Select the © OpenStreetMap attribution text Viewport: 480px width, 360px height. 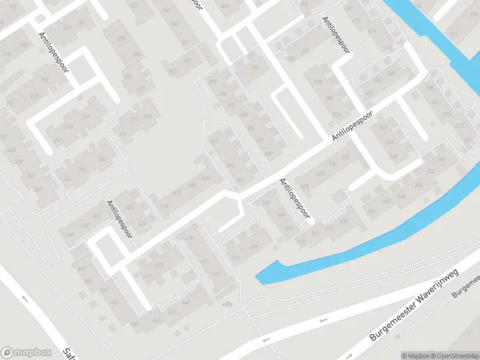[x=451, y=356]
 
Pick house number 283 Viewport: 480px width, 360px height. [x=136, y=55]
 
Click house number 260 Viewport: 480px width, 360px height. [x=69, y=127]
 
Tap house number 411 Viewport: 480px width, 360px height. [x=177, y=193]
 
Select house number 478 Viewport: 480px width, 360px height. [x=189, y=239]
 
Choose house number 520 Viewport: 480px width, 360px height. [x=344, y=222]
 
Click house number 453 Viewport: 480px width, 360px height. [x=115, y=302]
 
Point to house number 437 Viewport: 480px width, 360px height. [x=97, y=215]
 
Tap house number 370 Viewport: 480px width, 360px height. [x=212, y=82]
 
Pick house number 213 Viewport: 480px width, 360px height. [x=34, y=96]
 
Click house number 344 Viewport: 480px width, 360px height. [x=166, y=10]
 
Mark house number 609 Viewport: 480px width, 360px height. [x=391, y=73]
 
